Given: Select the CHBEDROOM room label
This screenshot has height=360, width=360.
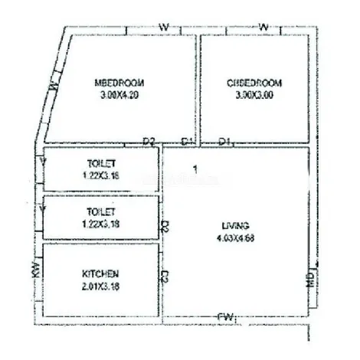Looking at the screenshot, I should coord(255,82).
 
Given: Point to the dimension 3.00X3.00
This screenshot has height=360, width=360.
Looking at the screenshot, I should coord(255,96).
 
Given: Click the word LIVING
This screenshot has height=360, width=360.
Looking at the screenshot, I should coord(231,225).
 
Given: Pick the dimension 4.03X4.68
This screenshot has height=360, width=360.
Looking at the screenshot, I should coord(231,237).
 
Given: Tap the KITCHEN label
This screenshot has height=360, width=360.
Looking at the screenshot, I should coord(100,273).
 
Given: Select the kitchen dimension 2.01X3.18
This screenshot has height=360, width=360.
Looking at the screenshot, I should coord(100,286).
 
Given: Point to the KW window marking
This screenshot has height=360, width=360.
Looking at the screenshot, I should coord(35,269).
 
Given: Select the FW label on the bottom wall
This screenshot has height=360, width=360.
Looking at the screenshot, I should coord(225,316).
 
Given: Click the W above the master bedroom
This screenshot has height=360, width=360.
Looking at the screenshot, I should coord(163,28).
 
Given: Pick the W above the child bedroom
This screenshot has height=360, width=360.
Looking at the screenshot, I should coord(263,28).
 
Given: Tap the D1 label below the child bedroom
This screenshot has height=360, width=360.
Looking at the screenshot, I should coord(224,141).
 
